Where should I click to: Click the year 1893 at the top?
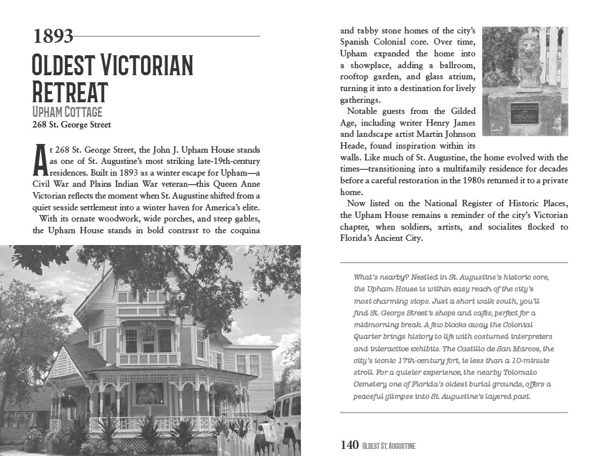click(53, 36)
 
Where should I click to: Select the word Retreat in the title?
click(70, 92)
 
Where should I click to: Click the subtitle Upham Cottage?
click(67, 112)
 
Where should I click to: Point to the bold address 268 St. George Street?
click(71, 125)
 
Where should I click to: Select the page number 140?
click(349, 445)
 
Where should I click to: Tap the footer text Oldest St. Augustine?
click(389, 446)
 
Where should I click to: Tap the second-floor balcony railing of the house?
click(148, 358)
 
